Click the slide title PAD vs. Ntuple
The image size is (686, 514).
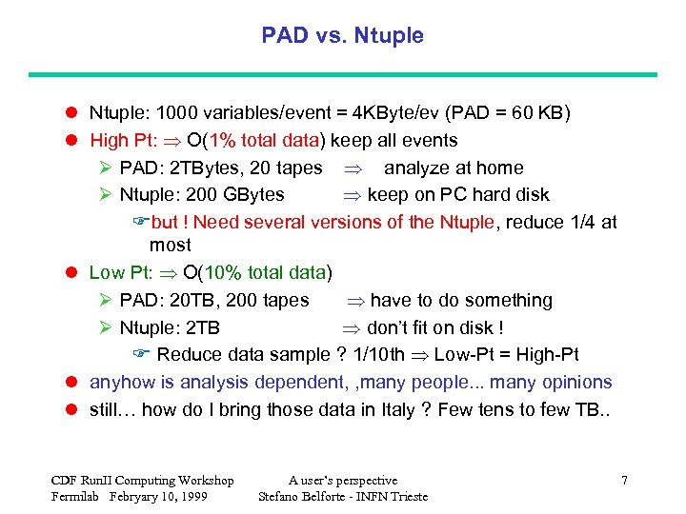coord(342,36)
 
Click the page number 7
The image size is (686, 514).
coord(624,481)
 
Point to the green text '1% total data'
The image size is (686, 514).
coord(263,141)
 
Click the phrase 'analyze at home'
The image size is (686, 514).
coord(454,168)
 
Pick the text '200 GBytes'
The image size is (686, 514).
coord(238,195)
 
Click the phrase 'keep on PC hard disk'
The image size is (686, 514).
coord(458,195)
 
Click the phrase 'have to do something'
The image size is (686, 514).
coord(461,301)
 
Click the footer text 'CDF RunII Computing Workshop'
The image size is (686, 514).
coord(142,481)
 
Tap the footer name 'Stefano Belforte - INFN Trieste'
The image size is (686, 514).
coord(343,497)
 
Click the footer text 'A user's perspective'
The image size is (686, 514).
coord(343,481)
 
